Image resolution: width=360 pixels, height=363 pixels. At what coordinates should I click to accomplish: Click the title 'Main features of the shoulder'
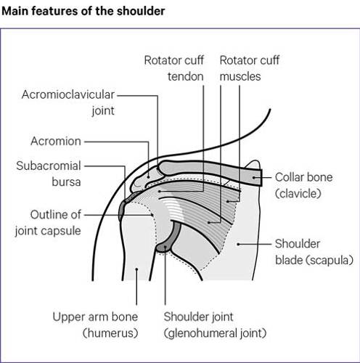point(83,12)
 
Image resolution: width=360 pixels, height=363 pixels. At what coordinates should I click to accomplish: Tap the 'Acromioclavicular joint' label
point(68,102)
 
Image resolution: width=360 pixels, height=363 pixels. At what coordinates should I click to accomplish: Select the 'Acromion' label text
point(56,141)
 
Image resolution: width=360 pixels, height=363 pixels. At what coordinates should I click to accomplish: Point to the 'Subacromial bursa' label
point(49,174)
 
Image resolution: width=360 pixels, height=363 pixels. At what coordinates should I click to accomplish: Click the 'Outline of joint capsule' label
point(48,223)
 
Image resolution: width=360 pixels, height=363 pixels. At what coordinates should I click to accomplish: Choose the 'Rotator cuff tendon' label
point(174,68)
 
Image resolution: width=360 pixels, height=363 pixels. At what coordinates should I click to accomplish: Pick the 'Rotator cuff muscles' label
point(250,68)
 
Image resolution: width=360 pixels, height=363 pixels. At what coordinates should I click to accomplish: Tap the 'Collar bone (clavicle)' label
point(303,185)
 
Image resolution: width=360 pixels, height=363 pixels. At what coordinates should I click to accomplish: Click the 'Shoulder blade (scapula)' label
point(314,252)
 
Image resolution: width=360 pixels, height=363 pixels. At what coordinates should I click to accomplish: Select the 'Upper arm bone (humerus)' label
point(95,325)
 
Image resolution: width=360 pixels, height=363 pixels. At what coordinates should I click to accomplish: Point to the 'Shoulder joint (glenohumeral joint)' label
point(215,325)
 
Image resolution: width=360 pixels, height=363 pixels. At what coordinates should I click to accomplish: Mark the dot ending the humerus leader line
point(136,269)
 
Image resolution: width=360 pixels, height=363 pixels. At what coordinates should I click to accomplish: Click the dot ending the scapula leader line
point(238,244)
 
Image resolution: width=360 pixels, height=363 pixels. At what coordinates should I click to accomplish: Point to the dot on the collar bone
point(254,177)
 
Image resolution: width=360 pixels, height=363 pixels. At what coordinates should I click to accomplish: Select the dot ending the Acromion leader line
point(149,177)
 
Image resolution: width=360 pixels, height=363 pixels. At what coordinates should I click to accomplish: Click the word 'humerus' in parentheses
point(110,333)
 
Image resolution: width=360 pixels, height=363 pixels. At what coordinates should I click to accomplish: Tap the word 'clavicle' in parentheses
point(298,193)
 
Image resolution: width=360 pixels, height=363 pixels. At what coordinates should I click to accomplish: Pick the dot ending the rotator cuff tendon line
point(160,191)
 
